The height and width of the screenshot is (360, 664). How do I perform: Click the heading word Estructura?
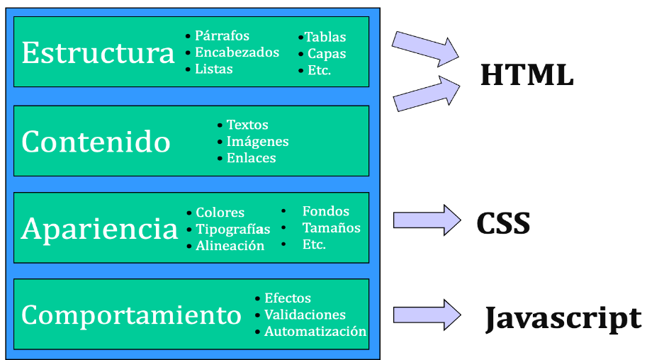(x=98, y=53)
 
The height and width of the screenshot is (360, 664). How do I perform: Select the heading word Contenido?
(x=96, y=142)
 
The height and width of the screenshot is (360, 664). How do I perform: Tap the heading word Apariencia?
(x=99, y=228)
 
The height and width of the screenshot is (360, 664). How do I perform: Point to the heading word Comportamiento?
(x=131, y=315)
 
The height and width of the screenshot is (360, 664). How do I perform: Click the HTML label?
(x=527, y=75)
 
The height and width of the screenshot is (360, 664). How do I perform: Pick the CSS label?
(x=503, y=224)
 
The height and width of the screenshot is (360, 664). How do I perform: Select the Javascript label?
(x=563, y=319)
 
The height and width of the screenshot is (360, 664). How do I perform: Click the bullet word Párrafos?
(x=222, y=36)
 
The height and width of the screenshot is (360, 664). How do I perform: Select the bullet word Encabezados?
(x=237, y=52)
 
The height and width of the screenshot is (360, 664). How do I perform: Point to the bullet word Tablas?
(x=325, y=38)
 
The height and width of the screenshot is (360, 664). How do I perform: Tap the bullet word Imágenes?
(x=257, y=142)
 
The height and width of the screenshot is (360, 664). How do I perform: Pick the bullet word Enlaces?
(x=251, y=158)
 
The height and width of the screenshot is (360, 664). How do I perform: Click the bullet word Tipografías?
(x=233, y=230)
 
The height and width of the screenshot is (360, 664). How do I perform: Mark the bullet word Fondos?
(x=325, y=211)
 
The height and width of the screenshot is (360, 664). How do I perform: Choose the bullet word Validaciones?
(x=305, y=315)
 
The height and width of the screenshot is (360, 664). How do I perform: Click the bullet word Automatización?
(x=315, y=332)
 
